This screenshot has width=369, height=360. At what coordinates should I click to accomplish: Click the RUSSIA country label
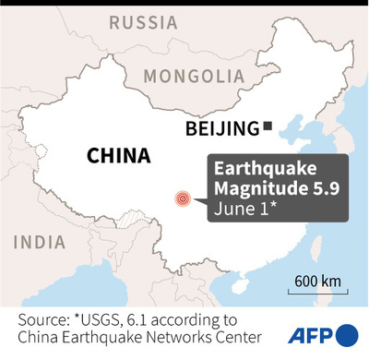143,21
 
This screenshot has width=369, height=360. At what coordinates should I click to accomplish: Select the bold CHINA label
118,155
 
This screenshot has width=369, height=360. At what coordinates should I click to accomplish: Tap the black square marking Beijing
268,126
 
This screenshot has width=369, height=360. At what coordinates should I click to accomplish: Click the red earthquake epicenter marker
184,198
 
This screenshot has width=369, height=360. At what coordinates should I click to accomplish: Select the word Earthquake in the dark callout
261,171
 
